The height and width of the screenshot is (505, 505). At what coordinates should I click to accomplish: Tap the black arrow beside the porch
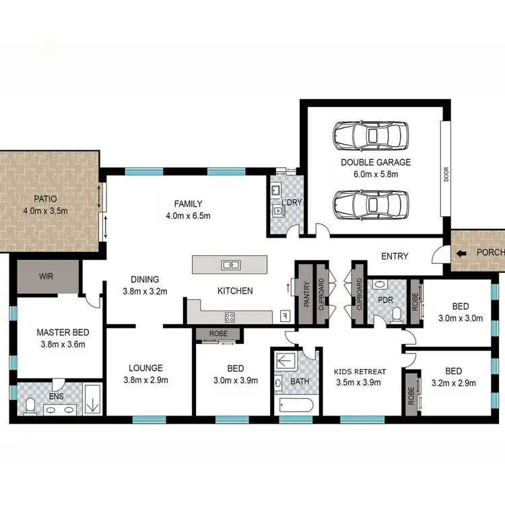pyautogui.click(x=461, y=254)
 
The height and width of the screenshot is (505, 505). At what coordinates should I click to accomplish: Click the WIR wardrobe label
pyautogui.click(x=46, y=276)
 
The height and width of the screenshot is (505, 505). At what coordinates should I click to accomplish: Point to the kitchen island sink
pyautogui.click(x=228, y=264)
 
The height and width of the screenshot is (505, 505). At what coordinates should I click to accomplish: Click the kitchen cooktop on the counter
pyautogui.click(x=230, y=316)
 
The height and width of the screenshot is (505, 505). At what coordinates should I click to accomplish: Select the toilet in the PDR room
pyautogui.click(x=397, y=312)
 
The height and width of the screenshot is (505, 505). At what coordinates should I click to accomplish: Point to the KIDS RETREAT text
pyautogui.click(x=360, y=372)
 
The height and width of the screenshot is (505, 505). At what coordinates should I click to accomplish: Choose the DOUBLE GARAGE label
pyautogui.click(x=375, y=162)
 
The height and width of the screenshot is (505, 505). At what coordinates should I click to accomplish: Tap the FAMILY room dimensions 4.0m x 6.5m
pyautogui.click(x=188, y=216)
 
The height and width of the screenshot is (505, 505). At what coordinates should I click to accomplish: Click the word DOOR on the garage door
pyautogui.click(x=446, y=174)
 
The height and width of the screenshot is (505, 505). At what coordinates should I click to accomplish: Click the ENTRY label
pyautogui.click(x=395, y=256)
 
